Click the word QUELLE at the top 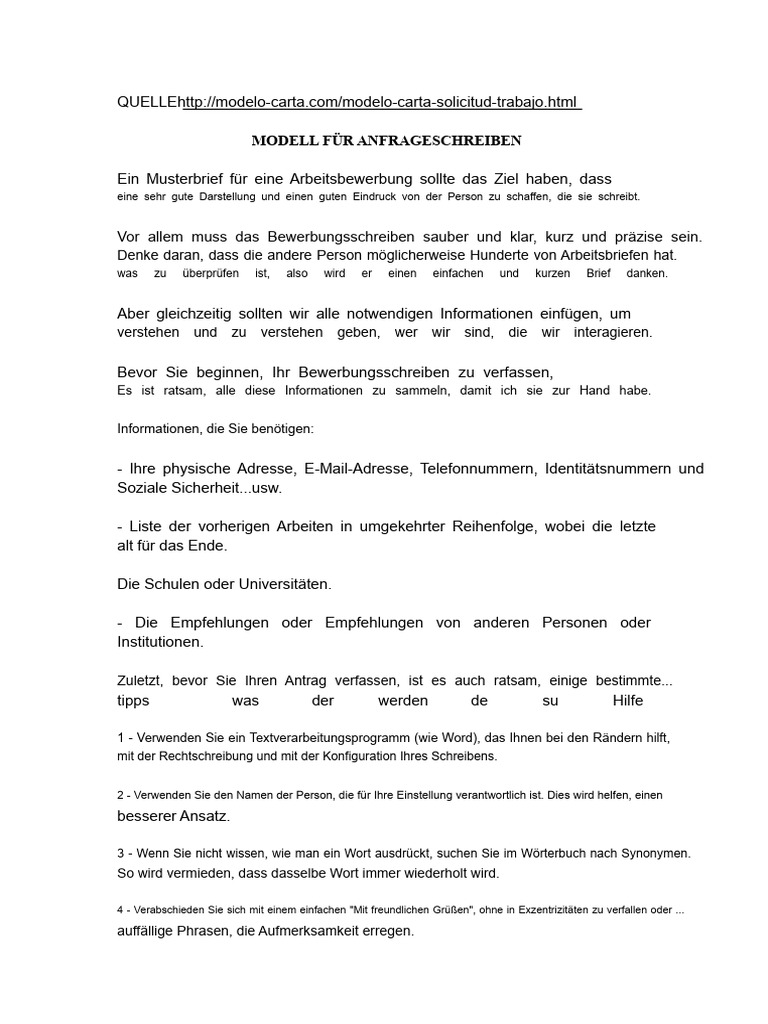[149, 104]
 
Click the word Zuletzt [140, 681]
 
